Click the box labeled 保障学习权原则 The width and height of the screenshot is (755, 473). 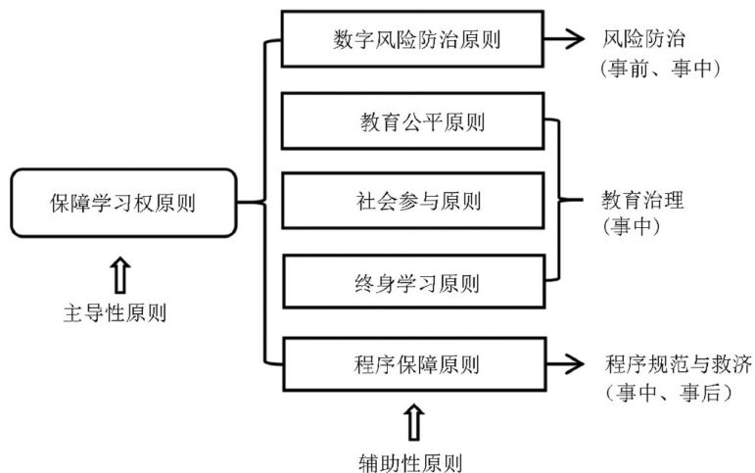pos(123,203)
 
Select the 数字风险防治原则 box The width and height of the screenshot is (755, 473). pos(410,39)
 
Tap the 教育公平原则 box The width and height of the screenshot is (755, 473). pos(412,121)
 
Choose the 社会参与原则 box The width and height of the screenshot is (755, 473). pos(412,203)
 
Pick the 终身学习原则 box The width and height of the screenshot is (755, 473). pos(412,284)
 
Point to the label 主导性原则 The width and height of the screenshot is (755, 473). pos(115,314)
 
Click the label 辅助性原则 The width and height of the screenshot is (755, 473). pos(412,459)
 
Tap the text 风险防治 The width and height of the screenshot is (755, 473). pos(644,40)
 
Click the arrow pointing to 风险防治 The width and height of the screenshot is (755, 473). pos(567,39)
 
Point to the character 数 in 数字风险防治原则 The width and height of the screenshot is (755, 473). pos(341,40)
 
